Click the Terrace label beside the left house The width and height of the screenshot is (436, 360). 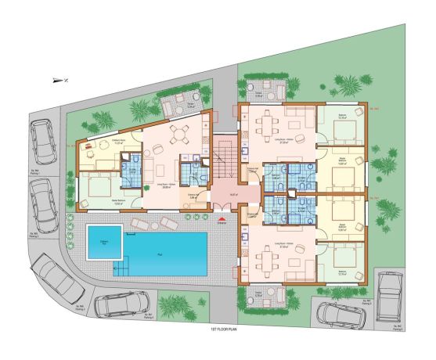190,106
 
